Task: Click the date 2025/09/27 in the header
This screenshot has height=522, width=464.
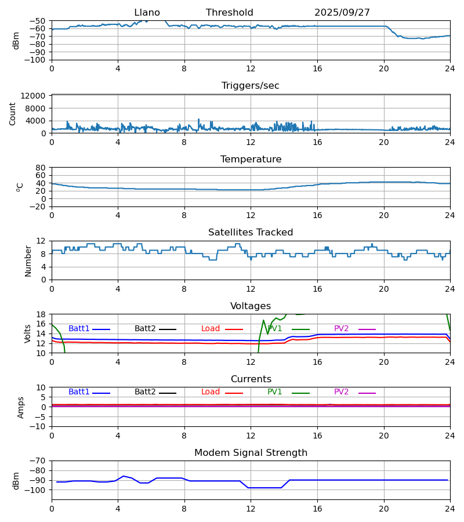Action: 342,13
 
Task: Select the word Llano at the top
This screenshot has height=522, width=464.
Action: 147,13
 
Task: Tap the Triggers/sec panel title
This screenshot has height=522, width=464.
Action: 251,86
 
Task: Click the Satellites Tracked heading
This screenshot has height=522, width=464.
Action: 251,233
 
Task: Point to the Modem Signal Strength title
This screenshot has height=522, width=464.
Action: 251,453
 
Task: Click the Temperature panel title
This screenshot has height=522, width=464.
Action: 251,159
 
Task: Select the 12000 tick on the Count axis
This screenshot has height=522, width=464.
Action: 37,96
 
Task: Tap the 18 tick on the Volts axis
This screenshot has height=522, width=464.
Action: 42,314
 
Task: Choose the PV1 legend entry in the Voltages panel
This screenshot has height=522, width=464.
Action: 275,329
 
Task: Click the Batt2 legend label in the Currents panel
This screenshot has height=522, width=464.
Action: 145,392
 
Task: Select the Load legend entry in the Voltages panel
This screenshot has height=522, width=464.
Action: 211,329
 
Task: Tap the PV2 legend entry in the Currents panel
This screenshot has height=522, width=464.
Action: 342,392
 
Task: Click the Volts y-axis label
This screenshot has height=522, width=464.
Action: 28,333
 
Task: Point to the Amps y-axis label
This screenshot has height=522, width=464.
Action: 21,407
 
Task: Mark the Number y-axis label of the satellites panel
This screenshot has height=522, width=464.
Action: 28,260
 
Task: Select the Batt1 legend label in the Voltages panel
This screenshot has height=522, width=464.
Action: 79,329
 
